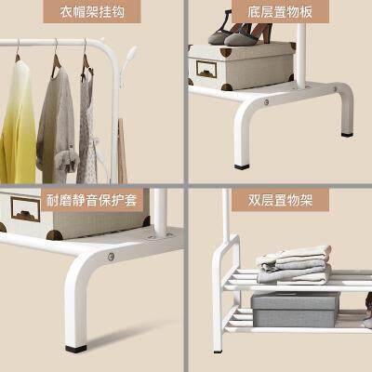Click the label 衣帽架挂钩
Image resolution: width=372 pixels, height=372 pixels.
(x=92, y=12)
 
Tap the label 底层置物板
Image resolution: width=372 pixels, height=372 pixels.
(x=280, y=12)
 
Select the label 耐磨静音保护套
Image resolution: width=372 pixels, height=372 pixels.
(x=92, y=200)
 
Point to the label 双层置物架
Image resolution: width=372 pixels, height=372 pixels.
(x=280, y=200)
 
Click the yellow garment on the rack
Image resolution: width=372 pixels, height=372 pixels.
(x=18, y=124)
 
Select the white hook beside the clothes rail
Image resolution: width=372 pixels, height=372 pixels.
(x=127, y=63)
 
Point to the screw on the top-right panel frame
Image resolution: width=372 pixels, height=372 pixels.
(x=266, y=101)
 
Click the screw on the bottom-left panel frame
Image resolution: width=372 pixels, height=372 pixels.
(x=111, y=257)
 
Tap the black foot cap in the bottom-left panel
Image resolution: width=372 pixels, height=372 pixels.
(x=75, y=349)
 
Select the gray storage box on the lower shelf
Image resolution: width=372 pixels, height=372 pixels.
(x=295, y=309)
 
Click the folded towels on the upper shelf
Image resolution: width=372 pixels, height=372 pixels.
(x=294, y=264)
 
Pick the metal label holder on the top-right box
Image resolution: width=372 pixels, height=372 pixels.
(x=206, y=69)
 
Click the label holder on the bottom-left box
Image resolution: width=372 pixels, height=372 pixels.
(x=25, y=209)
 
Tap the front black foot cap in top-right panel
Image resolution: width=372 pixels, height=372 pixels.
(x=242, y=167)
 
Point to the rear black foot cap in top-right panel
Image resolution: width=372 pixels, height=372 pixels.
(x=347, y=135)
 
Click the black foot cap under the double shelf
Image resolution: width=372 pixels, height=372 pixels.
(x=218, y=352)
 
